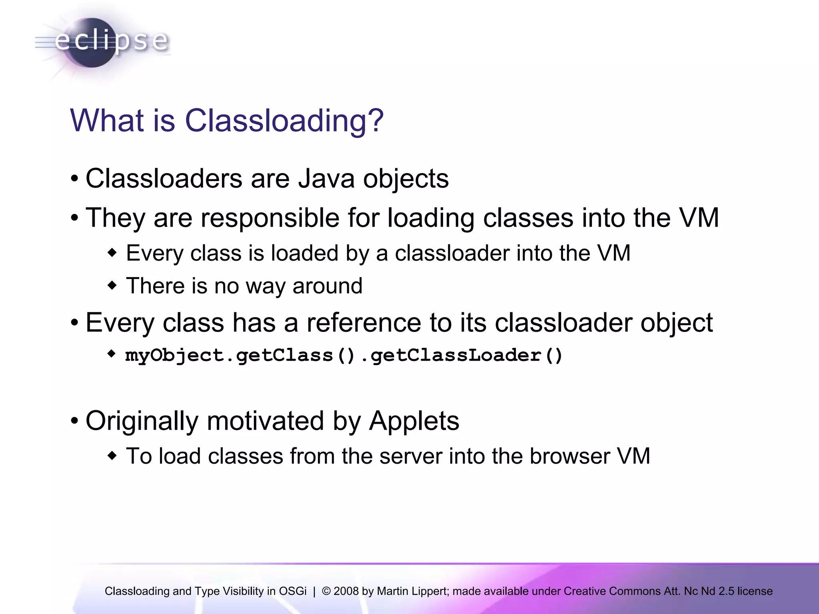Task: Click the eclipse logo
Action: [102, 42]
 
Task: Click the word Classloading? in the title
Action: [284, 121]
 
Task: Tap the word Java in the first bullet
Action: [326, 178]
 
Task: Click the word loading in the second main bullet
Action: [430, 218]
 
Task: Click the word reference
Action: [364, 323]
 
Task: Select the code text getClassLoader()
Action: [466, 355]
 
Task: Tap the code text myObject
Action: [174, 355]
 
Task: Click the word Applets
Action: [413, 421]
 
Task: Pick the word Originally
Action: [142, 421]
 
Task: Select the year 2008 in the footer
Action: [346, 591]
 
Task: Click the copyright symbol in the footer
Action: [326, 591]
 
